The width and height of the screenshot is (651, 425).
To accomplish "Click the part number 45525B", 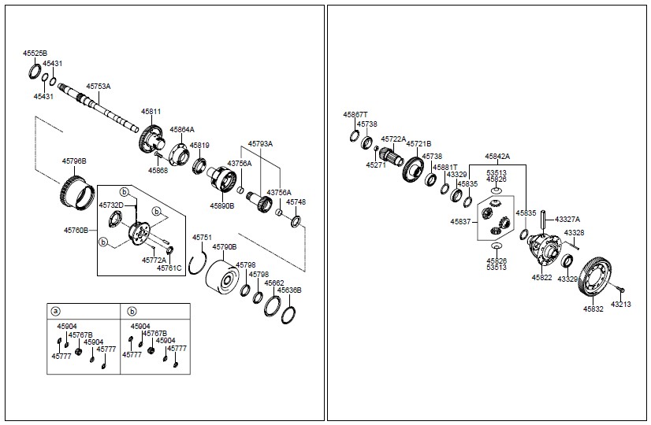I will [35, 53].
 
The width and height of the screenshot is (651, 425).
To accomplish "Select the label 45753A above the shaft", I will [99, 86].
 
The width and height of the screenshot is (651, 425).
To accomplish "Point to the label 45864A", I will [181, 129].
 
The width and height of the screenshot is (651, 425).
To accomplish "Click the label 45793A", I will [260, 144].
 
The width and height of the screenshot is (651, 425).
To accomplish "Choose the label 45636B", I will [289, 290].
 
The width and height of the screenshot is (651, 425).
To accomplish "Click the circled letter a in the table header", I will [56, 311].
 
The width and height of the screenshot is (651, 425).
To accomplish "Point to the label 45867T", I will [355, 114].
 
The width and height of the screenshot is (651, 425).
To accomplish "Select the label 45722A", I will [393, 139].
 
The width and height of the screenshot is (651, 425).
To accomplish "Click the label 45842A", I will [497, 157].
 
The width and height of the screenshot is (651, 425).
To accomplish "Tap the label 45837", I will [461, 222].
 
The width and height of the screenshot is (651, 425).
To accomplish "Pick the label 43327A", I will [567, 220].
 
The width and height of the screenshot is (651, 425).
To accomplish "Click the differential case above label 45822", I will [544, 250].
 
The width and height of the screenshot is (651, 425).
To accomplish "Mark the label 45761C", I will [169, 268].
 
